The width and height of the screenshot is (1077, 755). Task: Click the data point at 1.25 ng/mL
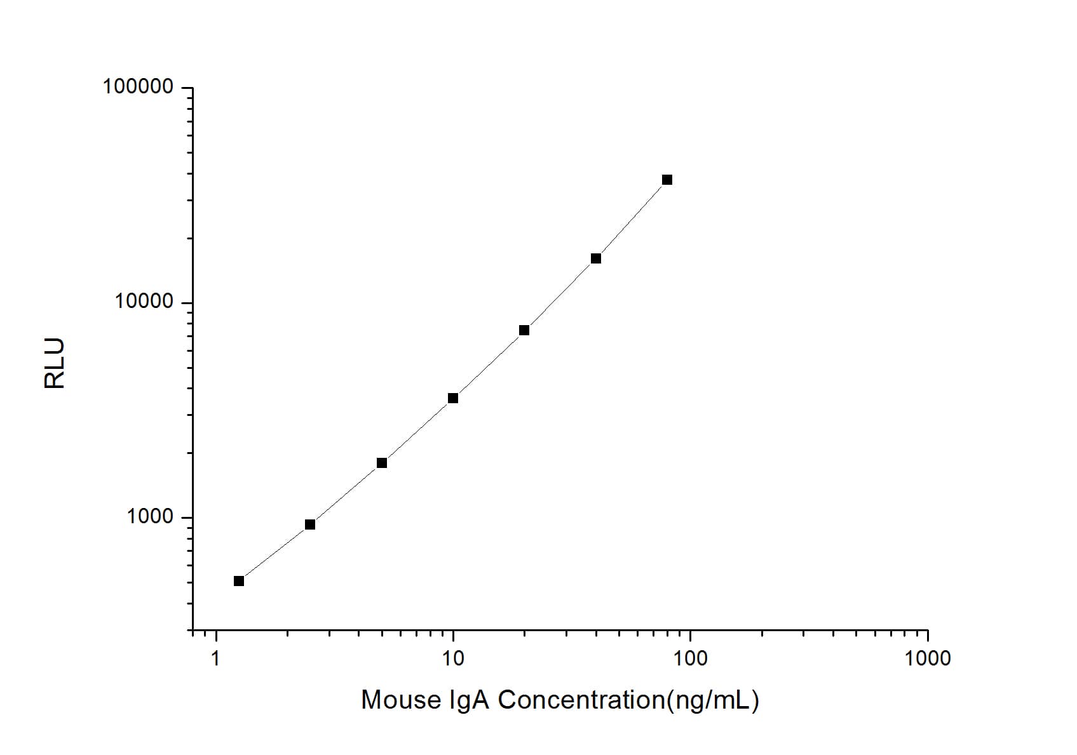click(x=239, y=581)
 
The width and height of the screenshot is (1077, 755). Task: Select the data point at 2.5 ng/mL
click(x=310, y=524)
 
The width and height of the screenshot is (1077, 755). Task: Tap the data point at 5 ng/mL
click(x=382, y=463)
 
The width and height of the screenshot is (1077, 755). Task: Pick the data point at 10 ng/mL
click(x=453, y=398)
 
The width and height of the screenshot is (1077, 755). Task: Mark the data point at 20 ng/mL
click(x=524, y=330)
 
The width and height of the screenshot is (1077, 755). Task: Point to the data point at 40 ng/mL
click(x=596, y=258)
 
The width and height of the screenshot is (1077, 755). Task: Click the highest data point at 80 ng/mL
click(x=667, y=180)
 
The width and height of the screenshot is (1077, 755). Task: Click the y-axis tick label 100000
click(x=138, y=86)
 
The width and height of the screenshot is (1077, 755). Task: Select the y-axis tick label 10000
click(x=144, y=302)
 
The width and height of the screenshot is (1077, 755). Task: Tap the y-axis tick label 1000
click(x=150, y=517)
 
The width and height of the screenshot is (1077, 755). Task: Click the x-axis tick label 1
click(x=215, y=658)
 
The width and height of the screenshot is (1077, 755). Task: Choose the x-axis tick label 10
click(x=452, y=658)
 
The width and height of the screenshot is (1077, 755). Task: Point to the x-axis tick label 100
click(x=690, y=658)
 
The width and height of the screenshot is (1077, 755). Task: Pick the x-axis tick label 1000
click(x=928, y=658)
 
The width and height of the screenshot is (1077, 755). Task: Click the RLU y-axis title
click(x=55, y=363)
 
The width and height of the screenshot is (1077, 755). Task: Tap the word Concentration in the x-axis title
click(x=581, y=700)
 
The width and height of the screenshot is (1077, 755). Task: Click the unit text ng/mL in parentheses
click(x=712, y=700)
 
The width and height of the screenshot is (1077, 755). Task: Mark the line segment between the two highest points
click(x=632, y=219)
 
